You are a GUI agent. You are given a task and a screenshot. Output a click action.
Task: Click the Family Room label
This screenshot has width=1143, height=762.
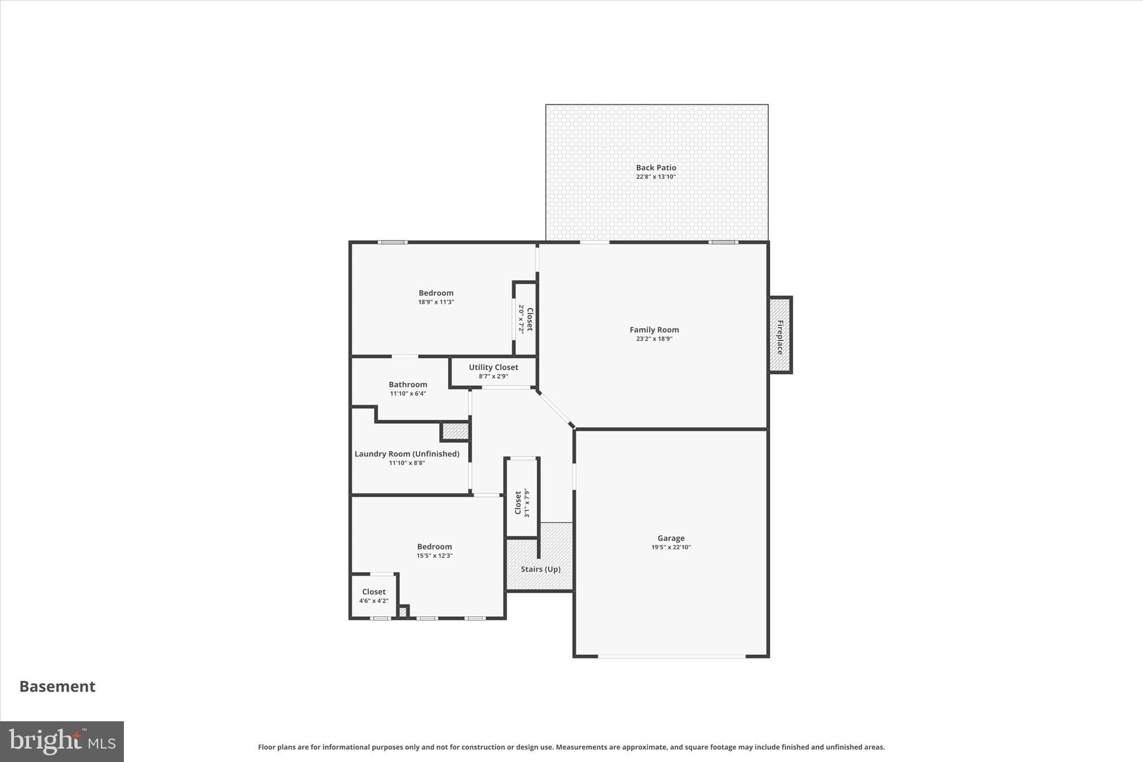pos(654,330)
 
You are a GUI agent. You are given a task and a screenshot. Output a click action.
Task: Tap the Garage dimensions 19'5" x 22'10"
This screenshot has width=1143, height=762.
pos(671,548)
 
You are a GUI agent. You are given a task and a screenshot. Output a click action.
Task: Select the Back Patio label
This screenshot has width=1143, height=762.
pos(656,167)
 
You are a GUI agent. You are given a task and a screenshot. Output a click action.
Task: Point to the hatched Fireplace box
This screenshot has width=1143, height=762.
pos(780,335)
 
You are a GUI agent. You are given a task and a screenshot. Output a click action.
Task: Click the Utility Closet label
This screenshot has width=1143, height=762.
pos(493,367)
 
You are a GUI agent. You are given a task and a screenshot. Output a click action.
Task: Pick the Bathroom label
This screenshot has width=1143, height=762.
pos(408,385)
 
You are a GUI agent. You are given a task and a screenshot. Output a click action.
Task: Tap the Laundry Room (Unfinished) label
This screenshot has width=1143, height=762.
pos(407,454)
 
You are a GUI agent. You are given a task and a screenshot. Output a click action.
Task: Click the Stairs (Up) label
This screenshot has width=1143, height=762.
pos(540,569)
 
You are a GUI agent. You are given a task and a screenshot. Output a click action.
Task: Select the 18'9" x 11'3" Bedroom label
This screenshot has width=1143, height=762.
pos(436,293)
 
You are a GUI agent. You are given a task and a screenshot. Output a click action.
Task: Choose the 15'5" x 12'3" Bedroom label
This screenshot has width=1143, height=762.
pos(434,547)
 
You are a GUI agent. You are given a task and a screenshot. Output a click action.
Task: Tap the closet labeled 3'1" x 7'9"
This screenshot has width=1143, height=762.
pos(521,502)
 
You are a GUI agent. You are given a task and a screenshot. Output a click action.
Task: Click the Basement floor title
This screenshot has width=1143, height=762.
pos(57,687)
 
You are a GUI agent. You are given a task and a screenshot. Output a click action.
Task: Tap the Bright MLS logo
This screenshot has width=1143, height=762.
pos(62,741)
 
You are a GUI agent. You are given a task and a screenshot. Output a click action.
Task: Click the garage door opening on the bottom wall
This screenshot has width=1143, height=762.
pos(671,656)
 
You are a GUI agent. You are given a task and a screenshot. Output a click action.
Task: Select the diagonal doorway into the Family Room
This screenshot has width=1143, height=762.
pos(555,409)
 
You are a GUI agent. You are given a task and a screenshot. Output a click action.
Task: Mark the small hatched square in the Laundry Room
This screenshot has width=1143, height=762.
pos(455,432)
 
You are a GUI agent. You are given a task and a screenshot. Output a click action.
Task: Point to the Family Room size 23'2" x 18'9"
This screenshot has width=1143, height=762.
pos(654,339)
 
